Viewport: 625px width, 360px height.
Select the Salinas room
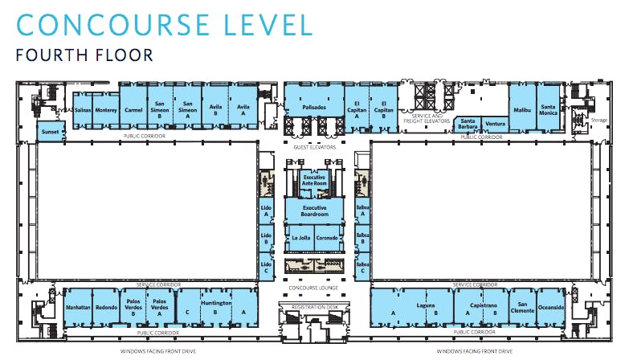click(x=82, y=109)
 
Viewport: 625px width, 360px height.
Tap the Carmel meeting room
click(x=133, y=109)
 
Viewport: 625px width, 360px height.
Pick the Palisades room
click(x=314, y=106)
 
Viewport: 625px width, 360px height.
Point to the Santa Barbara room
click(x=468, y=124)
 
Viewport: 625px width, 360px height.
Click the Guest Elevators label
click(x=314, y=147)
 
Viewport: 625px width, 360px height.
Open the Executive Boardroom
click(x=314, y=211)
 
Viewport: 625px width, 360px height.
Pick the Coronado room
click(x=328, y=238)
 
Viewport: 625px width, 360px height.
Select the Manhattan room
click(x=78, y=308)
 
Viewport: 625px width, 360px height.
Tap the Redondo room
click(x=106, y=308)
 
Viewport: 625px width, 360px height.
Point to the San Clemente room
click(x=522, y=308)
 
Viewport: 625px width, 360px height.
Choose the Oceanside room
click(x=551, y=308)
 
